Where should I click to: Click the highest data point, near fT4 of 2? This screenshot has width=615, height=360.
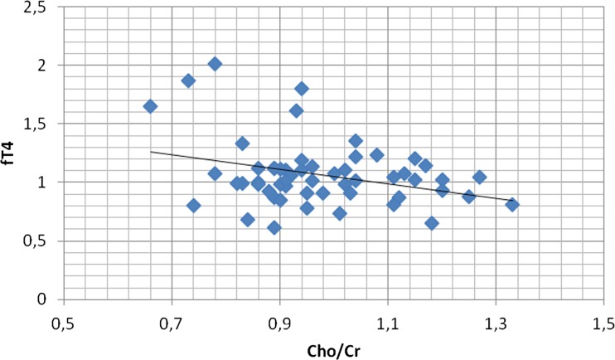215,64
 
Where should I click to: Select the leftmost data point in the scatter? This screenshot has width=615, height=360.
150,106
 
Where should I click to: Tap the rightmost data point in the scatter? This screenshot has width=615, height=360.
512,205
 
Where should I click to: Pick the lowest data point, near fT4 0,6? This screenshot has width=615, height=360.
274,228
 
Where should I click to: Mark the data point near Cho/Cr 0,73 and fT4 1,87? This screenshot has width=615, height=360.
188,80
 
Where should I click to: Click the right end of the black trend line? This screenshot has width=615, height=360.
512,201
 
